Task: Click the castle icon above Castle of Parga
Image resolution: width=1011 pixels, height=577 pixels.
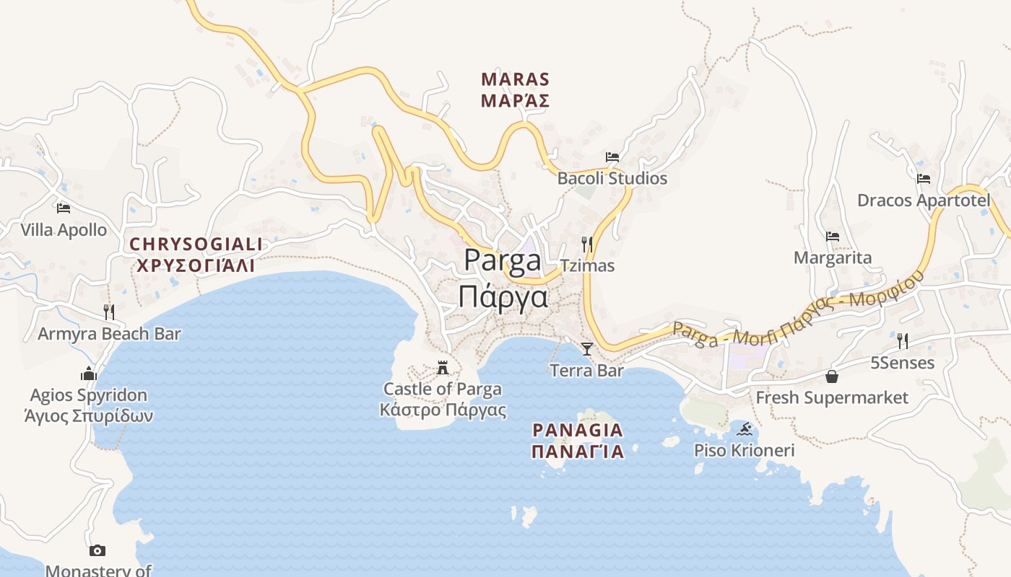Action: [443, 368]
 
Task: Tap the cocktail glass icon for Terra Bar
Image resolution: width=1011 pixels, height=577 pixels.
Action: [586, 349]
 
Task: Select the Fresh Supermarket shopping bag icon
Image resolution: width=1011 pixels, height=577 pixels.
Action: [832, 376]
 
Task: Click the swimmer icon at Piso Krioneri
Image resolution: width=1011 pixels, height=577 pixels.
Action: [745, 430]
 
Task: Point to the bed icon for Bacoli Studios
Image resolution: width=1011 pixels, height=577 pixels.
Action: [612, 157]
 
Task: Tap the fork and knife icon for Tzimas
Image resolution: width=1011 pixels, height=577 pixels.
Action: [587, 245]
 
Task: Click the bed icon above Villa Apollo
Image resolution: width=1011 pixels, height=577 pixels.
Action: [64, 208]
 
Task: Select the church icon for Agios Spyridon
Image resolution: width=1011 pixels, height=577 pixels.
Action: [89, 374]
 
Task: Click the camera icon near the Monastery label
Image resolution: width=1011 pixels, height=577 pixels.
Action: [97, 551]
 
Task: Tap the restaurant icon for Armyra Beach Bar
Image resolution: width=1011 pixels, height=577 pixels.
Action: [109, 312]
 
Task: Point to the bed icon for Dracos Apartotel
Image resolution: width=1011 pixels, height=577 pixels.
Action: [923, 179]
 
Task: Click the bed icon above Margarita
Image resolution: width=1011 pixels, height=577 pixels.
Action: [832, 237]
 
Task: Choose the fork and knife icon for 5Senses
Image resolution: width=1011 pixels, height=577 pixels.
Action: [902, 341]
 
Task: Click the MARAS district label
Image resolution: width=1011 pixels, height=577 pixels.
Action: [515, 79]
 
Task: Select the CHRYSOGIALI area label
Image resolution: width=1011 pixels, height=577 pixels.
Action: [196, 245]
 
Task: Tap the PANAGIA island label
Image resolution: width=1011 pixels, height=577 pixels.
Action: [577, 431]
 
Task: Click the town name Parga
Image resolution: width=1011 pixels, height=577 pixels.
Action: [503, 260]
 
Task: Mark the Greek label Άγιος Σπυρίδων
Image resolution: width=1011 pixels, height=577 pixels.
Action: [89, 416]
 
